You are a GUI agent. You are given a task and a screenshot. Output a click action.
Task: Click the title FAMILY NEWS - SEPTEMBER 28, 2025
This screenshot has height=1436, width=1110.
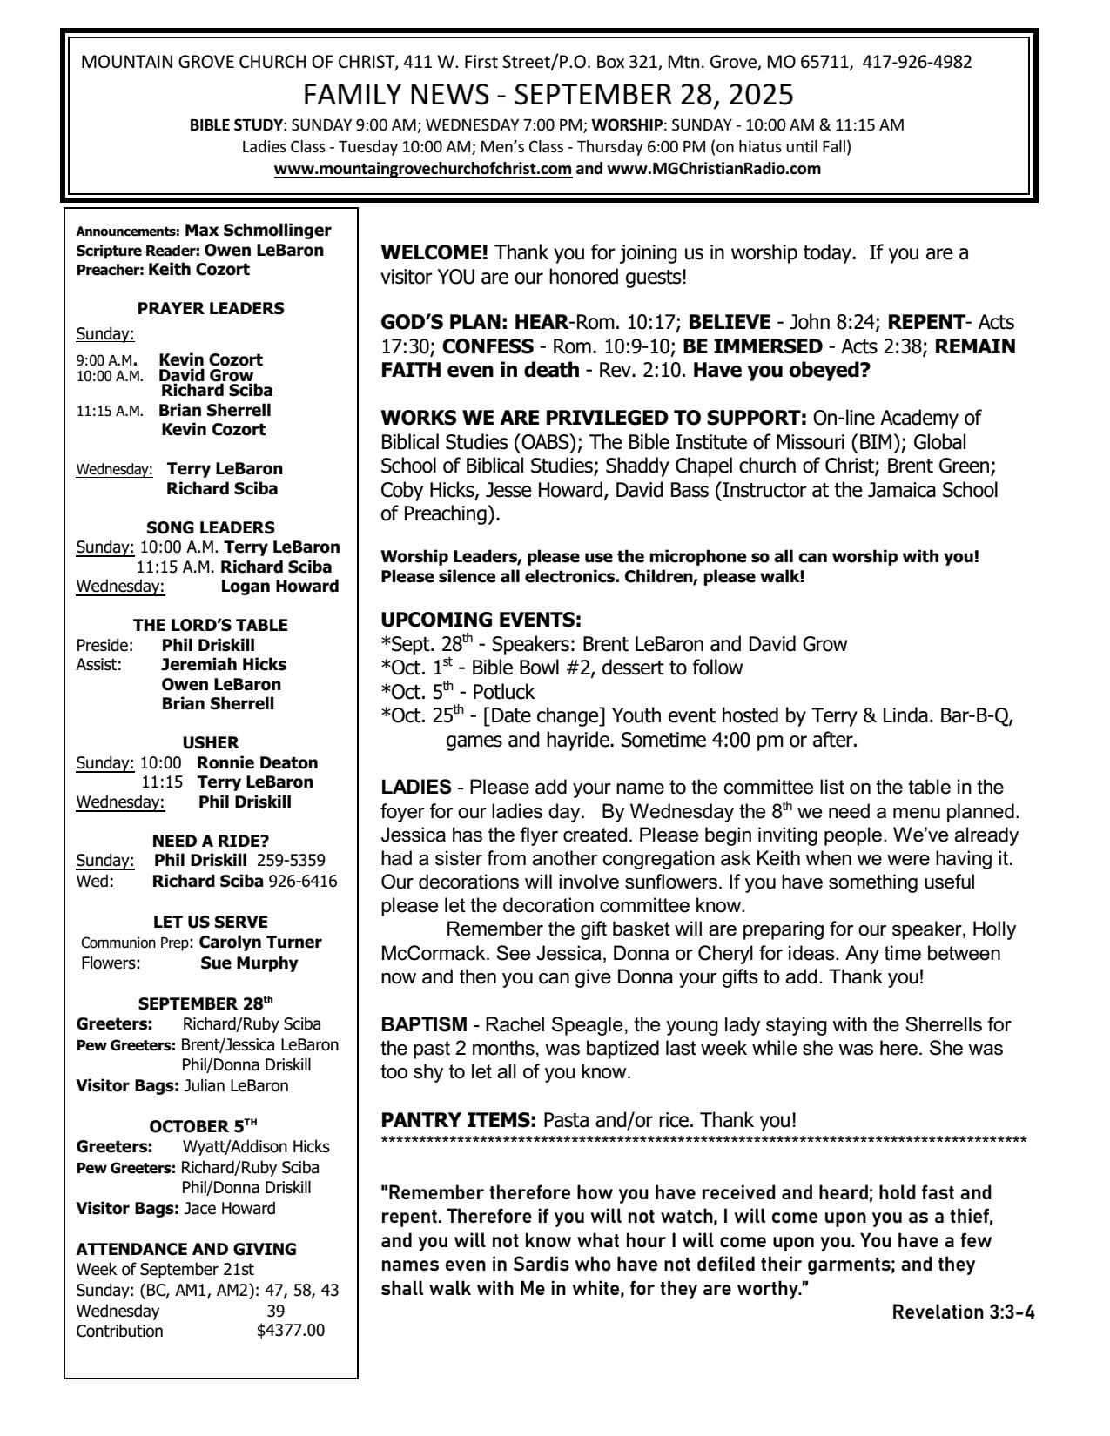pos(548,94)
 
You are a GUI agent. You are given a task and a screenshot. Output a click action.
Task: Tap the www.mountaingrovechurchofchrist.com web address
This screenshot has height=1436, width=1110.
pos(423,169)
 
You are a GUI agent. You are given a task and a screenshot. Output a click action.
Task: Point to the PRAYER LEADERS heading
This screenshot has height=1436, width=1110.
pos(211,308)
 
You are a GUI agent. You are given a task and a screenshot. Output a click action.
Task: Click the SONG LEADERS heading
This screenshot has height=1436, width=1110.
pos(211,527)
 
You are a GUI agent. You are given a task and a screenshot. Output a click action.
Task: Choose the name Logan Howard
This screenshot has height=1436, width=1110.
pos(279,586)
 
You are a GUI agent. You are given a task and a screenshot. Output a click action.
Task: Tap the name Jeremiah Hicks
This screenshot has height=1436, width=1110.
pos(224,664)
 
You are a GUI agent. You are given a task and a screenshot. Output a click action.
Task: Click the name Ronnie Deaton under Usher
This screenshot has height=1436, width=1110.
pos(258,762)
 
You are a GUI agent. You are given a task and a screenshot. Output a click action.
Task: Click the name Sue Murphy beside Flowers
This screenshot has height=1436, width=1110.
pos(249,963)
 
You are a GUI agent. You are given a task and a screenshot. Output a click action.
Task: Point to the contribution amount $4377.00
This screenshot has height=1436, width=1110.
pos(291,1331)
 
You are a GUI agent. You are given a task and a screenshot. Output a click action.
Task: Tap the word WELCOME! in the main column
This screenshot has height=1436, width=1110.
pos(434,253)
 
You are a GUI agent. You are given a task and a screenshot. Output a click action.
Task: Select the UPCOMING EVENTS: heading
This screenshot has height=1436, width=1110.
pos(481,620)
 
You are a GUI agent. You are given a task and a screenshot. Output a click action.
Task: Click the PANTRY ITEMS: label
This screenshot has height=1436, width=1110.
pos(458,1120)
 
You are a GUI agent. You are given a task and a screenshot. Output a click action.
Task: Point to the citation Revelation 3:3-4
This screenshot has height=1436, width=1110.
pos(964,1312)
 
